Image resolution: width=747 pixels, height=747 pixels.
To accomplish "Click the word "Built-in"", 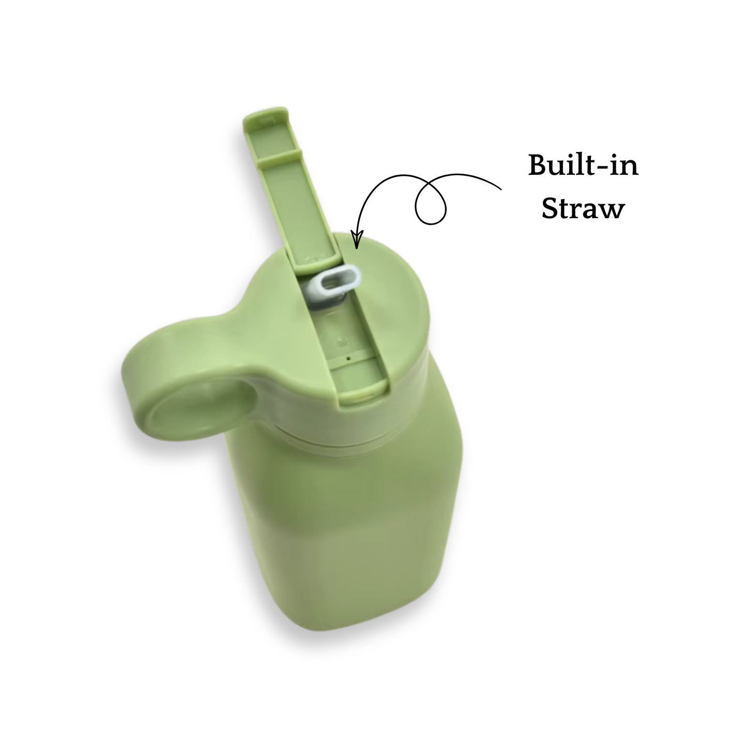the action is click(583, 166).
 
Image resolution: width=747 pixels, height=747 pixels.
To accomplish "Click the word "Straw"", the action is click(583, 208).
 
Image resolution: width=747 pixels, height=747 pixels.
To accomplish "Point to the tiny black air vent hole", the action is click(348, 358).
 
